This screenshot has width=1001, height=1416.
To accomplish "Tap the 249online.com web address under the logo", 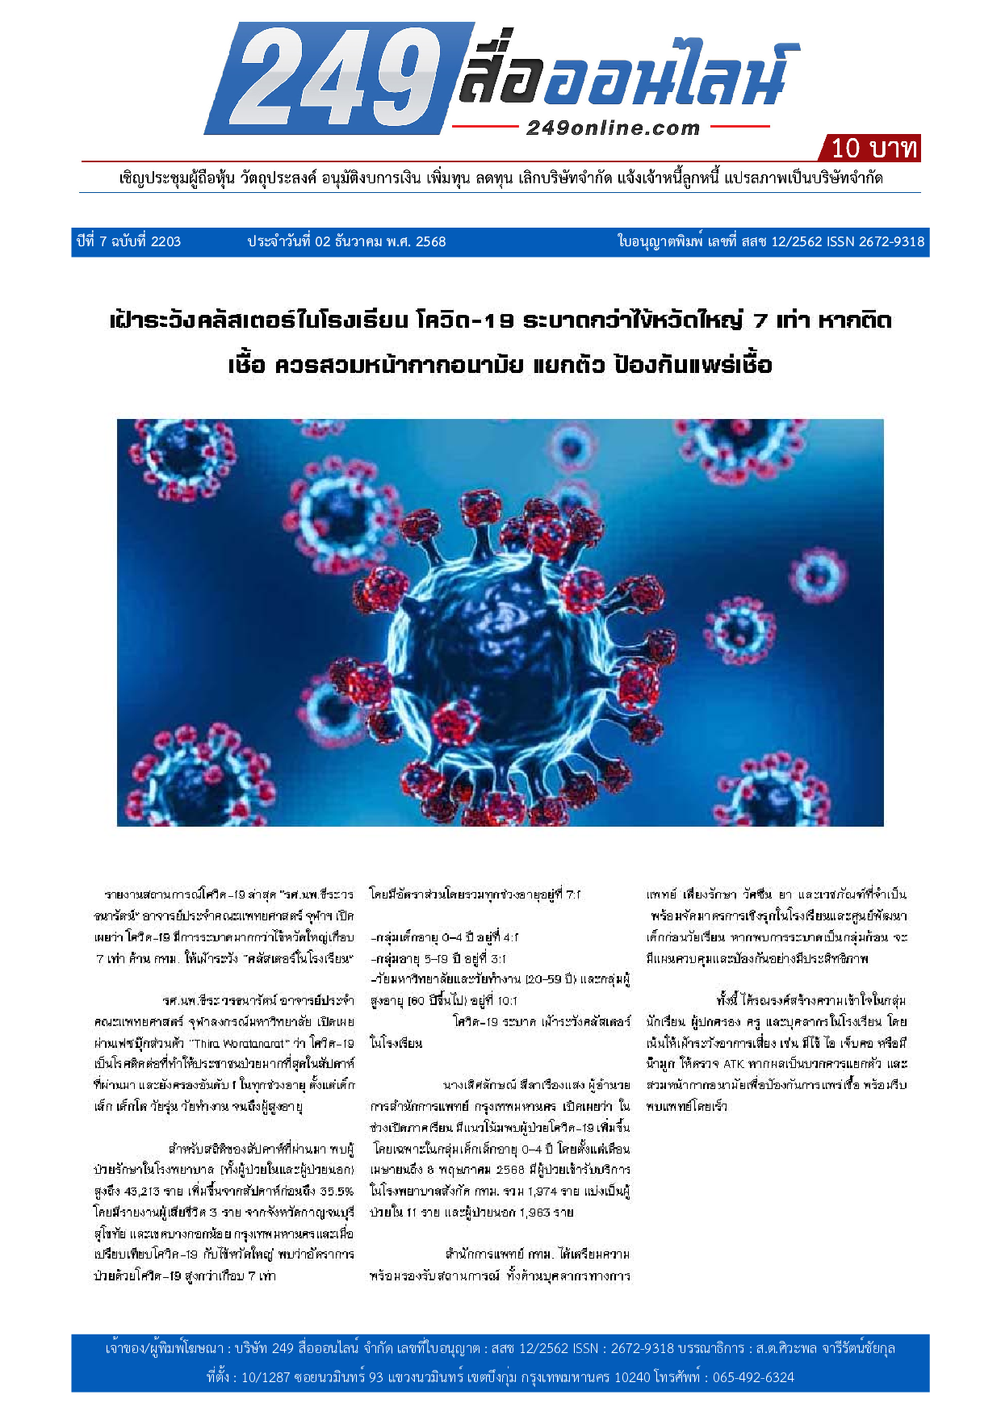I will (613, 128).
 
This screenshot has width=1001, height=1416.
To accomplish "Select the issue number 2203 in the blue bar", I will (165, 241).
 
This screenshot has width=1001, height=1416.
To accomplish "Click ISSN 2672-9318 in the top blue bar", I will (876, 241).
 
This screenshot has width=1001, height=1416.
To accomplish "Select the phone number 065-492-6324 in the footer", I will (752, 1377).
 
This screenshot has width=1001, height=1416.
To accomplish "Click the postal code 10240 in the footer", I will (632, 1377).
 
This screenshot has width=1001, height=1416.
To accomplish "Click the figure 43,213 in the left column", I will (142, 1191).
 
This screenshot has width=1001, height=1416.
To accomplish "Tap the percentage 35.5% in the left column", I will (336, 1191).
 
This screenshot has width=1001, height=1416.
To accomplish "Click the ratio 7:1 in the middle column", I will (572, 894).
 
